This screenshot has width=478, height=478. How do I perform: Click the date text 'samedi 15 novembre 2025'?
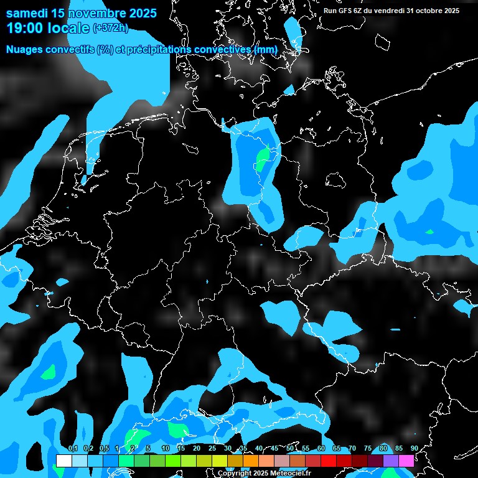tap(81, 13)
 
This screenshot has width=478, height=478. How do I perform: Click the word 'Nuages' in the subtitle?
tap(26, 49)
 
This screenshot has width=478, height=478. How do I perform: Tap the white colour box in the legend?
tap(63, 461)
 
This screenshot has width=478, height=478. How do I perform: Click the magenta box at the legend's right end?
tap(406, 461)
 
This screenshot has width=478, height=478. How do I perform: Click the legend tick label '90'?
tap(414, 449)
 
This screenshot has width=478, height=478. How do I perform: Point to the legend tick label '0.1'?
tap(73, 449)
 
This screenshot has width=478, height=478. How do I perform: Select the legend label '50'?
tap(290, 449)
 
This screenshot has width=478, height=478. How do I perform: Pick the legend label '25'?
tap(212, 449)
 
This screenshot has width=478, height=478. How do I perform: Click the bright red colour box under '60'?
tap(328, 461)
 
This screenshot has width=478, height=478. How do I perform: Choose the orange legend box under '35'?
tap(250, 461)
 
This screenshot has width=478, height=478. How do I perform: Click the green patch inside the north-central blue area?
tap(263, 158)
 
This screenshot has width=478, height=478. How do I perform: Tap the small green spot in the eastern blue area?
tap(429, 232)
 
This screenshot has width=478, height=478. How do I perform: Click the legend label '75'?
tap(368, 449)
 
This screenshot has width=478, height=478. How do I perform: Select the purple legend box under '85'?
tap(390, 461)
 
